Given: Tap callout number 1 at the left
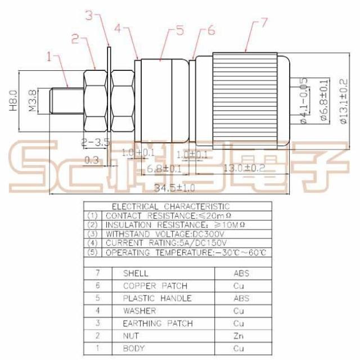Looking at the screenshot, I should tap(49, 56).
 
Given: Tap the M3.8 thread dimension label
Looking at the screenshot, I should tap(32, 100).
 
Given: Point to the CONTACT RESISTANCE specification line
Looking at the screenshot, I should tap(169, 215).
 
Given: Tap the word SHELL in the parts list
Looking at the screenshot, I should tap(135, 273).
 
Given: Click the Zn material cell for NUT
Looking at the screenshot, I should tap(238, 336).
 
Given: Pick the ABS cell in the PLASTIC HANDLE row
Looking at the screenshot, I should tap(241, 298).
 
